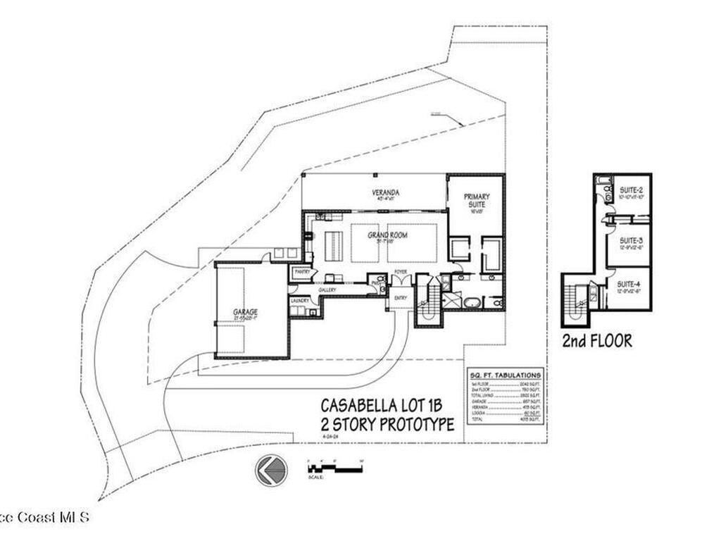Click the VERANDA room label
pos(386,192)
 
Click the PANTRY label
pos(302,271)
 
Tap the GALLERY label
pos(327,290)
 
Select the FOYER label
pos(401,271)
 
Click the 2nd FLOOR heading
pos(596,342)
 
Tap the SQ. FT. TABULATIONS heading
pos(505,376)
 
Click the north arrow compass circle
pos(272,470)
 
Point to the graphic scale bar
pos(334,468)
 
